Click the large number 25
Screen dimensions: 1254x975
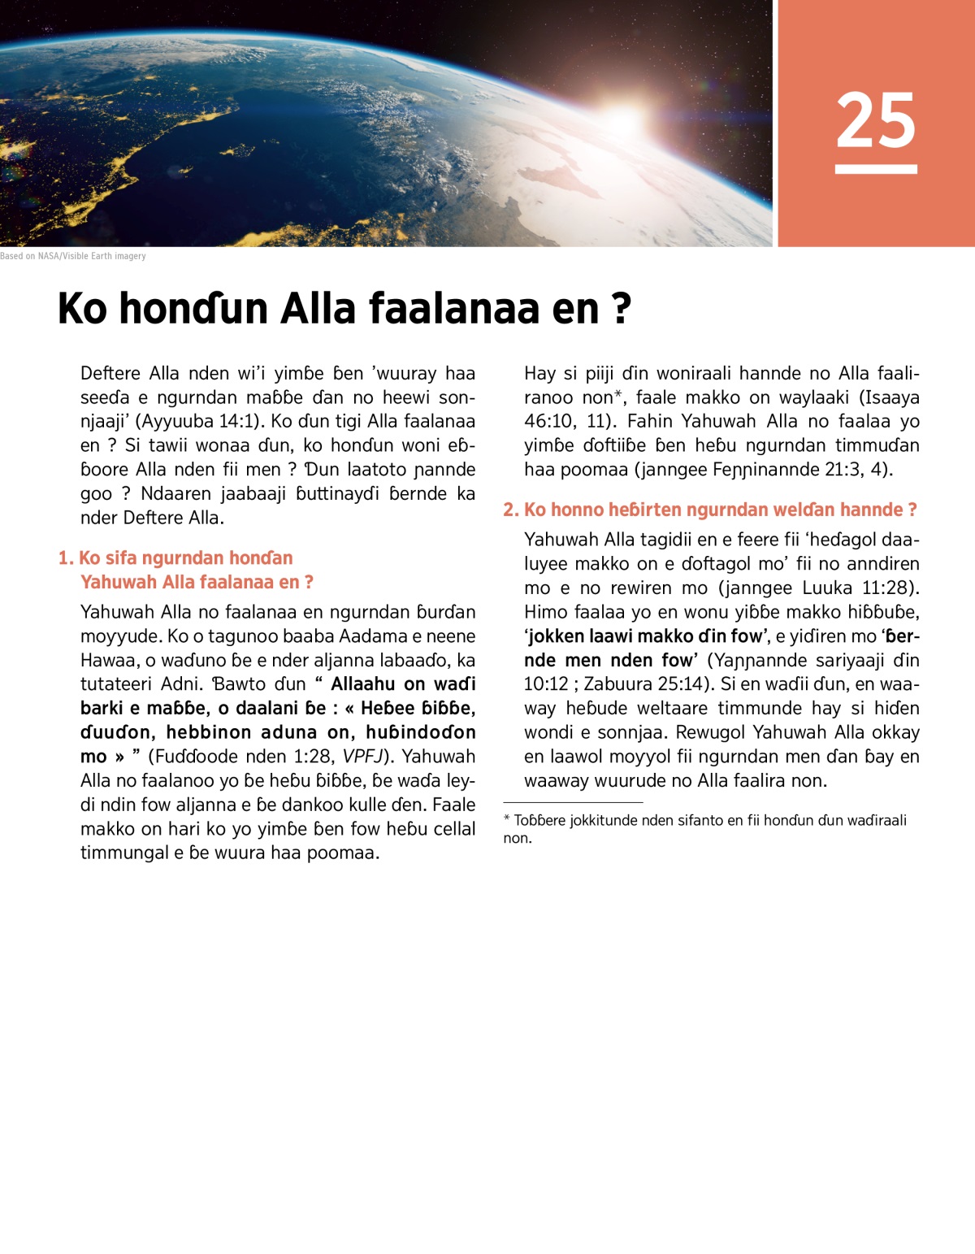pyautogui.click(x=875, y=119)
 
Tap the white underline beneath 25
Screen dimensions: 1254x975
pyautogui.click(x=876, y=169)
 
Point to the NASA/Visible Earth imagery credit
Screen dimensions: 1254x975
pyautogui.click(x=73, y=256)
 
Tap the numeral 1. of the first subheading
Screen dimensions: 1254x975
pyautogui.click(x=66, y=558)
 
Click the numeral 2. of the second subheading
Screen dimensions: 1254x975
pyautogui.click(x=511, y=510)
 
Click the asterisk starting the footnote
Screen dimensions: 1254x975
pyautogui.click(x=507, y=820)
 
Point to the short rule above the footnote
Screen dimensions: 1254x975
pyautogui.click(x=573, y=802)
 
